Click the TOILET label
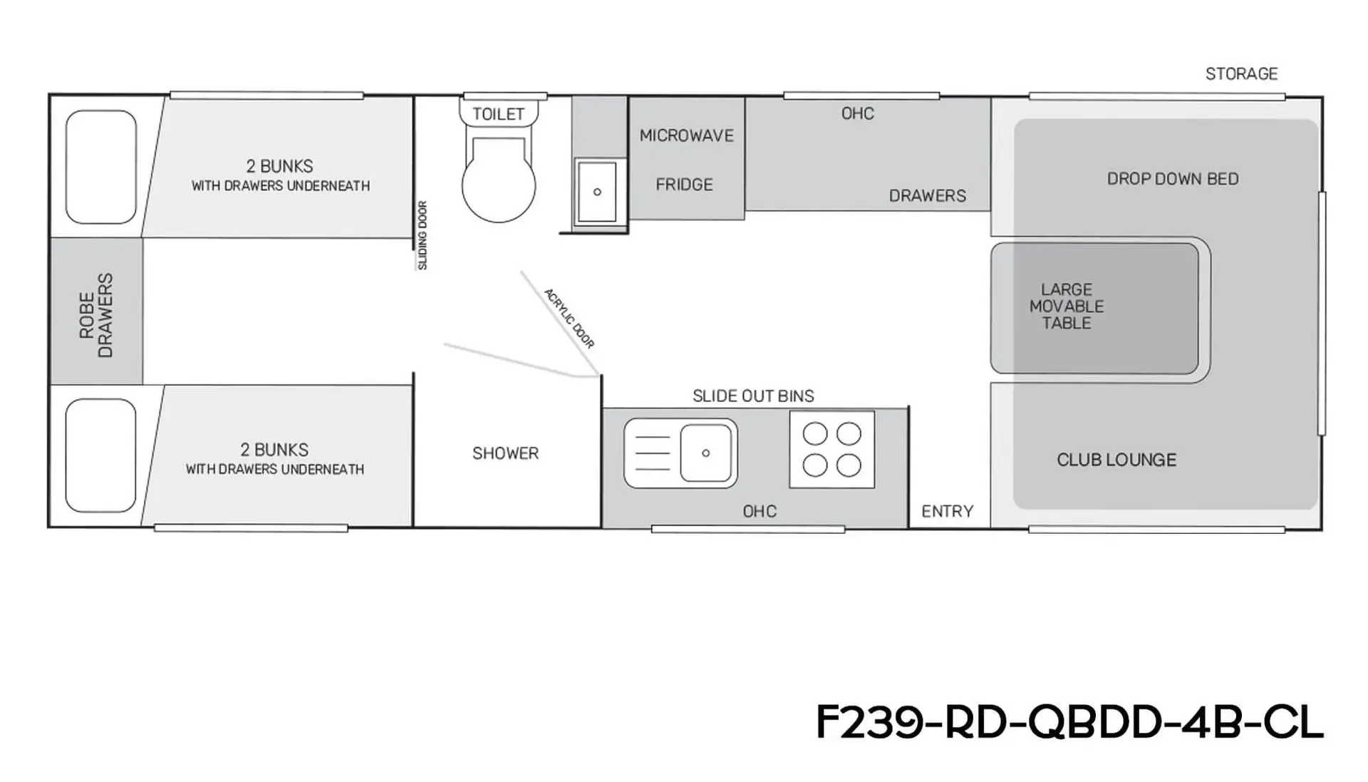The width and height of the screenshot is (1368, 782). point(498,114)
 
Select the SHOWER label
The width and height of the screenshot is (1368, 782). point(505,453)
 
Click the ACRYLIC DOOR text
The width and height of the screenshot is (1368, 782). point(569,318)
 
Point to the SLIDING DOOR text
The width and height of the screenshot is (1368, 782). point(423,235)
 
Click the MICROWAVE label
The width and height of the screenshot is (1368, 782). point(686,135)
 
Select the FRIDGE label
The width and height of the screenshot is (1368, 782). point(684,185)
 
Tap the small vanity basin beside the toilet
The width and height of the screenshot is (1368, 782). point(597,192)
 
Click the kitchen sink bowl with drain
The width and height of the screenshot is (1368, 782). point(705,453)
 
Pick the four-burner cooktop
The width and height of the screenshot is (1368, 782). point(831,450)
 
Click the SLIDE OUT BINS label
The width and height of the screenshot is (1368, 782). point(753,396)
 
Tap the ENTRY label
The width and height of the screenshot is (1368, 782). point(947,511)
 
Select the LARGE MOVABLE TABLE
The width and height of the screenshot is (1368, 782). point(1094,308)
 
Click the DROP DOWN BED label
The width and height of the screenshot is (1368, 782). point(1173,179)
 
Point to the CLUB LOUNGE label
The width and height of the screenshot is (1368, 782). point(1116,460)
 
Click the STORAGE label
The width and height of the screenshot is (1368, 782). point(1241,73)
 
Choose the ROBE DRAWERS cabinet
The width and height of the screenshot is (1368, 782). point(97,312)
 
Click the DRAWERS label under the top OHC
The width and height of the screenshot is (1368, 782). point(928,196)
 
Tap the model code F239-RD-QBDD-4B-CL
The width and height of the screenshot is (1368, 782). point(1069,722)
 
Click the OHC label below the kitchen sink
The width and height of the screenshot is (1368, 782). point(760,511)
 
